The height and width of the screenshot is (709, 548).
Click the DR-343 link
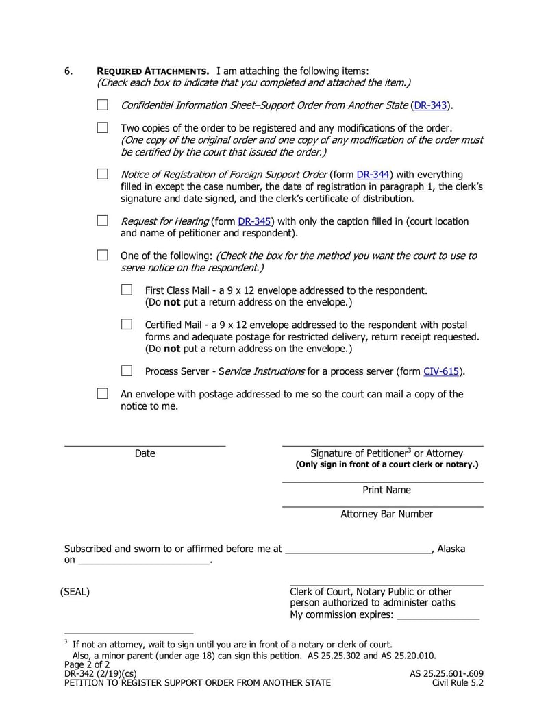pos(431,105)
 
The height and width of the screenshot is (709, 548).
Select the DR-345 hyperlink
pos(254,221)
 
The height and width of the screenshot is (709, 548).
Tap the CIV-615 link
pos(442,371)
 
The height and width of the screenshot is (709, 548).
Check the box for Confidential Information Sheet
pos(102,105)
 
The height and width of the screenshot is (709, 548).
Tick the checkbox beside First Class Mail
pos(127,290)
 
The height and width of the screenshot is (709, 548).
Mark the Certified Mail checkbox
pos(127,324)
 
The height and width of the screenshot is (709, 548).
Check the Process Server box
pos(127,371)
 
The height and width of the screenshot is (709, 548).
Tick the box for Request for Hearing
pos(102,221)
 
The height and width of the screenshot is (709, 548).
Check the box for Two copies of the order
pos(102,127)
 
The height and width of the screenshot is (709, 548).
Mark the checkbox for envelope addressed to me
pos(102,393)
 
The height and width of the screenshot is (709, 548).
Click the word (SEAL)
pos(75,592)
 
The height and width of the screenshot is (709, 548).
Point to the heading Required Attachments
pos(153,71)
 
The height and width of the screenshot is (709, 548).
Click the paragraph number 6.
pos(68,71)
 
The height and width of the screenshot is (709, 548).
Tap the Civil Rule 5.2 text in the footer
pos(458,682)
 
